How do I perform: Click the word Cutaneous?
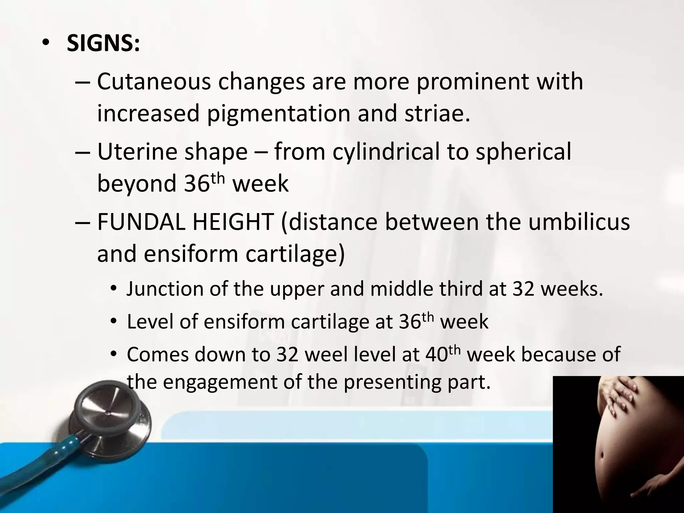point(154,82)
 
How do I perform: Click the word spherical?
point(523,152)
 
